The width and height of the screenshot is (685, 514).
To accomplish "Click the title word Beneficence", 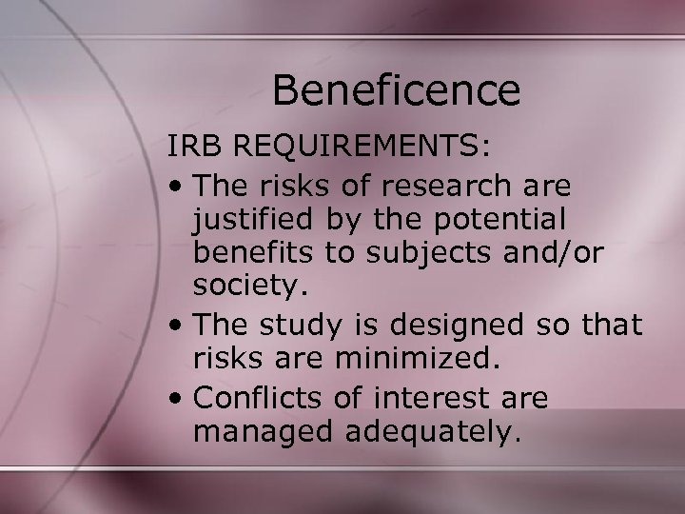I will click(x=396, y=90).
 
